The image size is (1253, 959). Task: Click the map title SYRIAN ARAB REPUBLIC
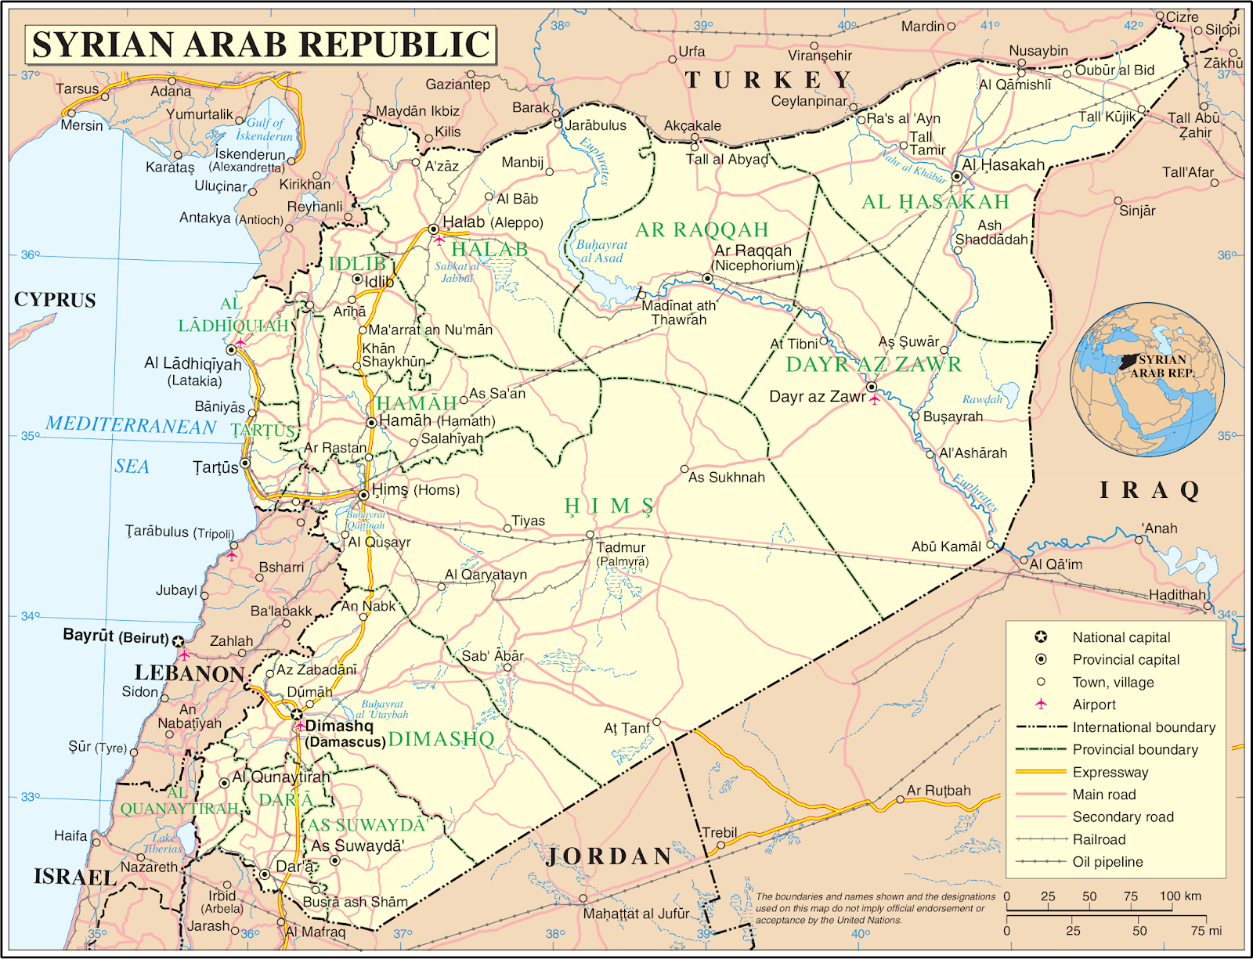point(261,44)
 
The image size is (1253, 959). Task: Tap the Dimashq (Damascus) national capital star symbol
point(297,714)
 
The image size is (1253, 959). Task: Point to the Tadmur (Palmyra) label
point(622,553)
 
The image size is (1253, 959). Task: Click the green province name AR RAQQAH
point(702,230)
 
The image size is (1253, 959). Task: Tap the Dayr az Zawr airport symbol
point(875,400)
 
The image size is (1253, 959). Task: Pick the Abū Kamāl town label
point(946,546)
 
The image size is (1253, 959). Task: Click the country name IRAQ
point(1150,491)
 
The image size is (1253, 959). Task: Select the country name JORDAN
point(609,856)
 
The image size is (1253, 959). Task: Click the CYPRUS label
point(55,301)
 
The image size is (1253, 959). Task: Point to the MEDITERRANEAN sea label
point(131,425)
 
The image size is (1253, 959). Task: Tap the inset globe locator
point(1148,380)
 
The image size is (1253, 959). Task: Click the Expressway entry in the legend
point(1110,773)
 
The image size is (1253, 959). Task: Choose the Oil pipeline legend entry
point(1107,862)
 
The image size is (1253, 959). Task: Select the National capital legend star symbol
point(1041,637)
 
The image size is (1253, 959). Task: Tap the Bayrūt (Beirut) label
point(115,636)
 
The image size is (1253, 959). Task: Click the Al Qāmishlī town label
point(1015,85)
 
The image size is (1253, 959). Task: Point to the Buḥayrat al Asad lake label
point(601,251)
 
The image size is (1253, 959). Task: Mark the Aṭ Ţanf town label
point(626,728)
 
